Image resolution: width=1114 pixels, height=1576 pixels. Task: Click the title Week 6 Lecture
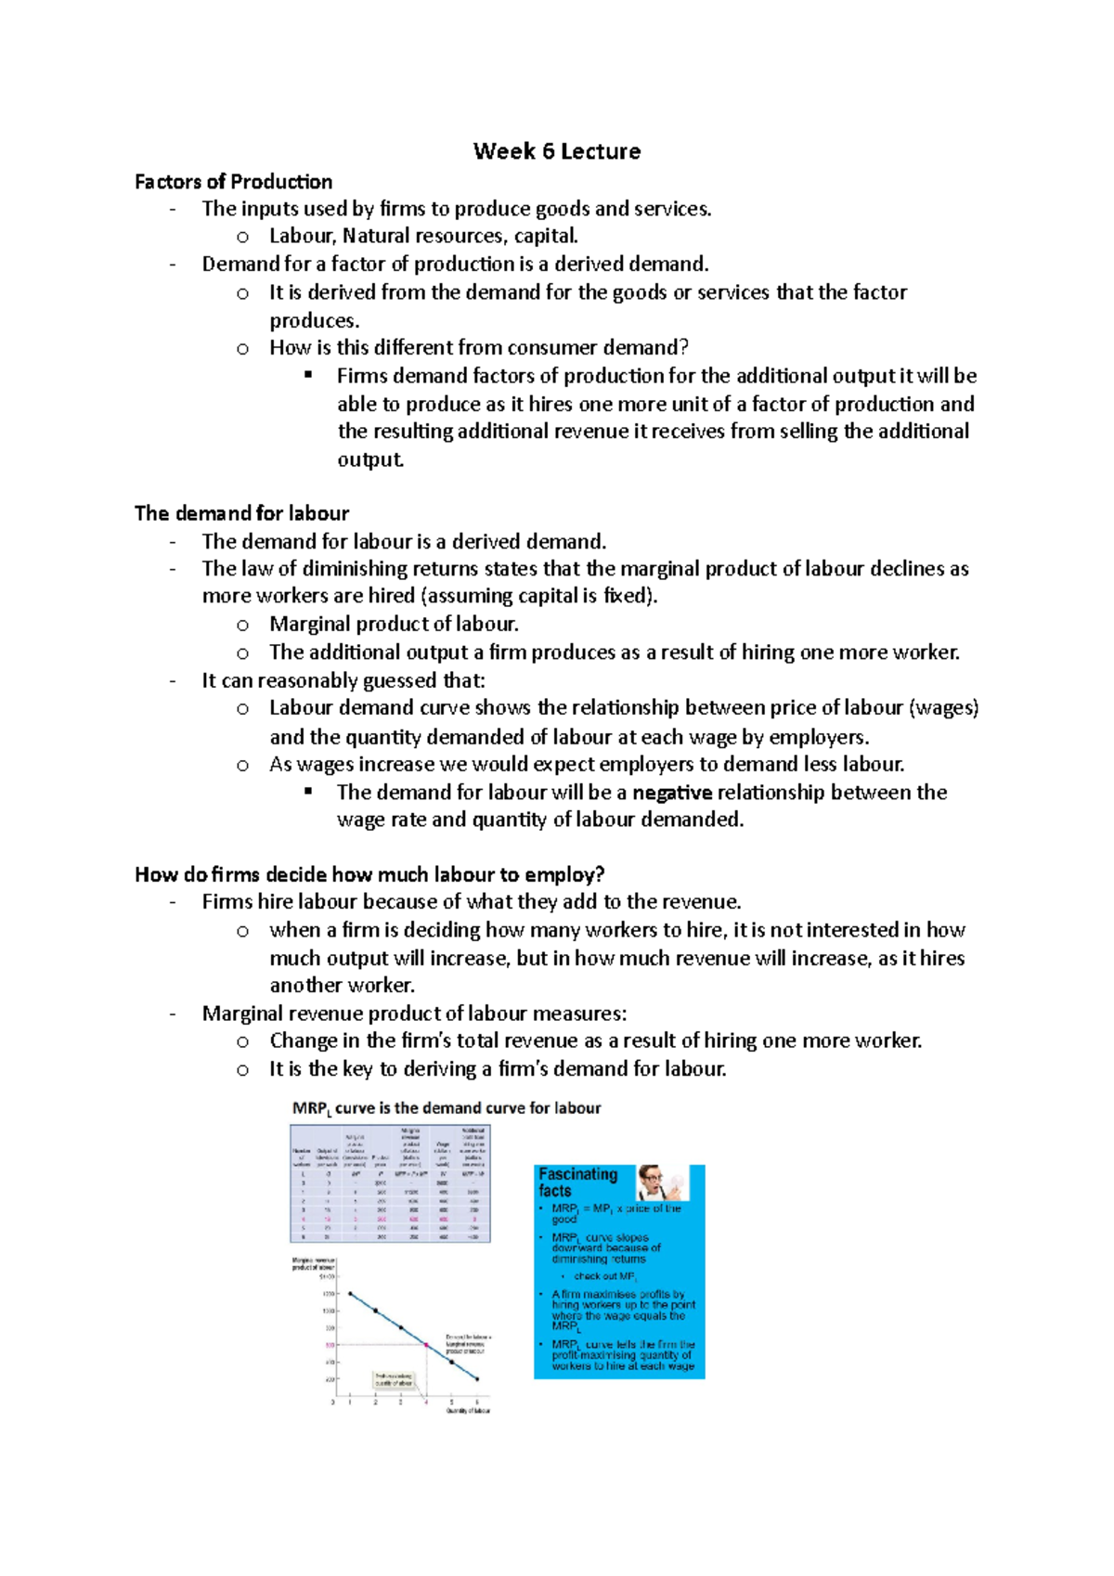(x=556, y=151)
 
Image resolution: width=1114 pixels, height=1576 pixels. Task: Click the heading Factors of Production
(x=233, y=182)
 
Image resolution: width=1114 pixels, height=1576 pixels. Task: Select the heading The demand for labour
(x=241, y=513)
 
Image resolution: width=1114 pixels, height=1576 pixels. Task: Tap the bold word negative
(x=671, y=793)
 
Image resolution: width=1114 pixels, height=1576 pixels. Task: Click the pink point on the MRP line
(x=426, y=1345)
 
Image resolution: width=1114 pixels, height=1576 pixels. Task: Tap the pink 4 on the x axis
(x=426, y=1402)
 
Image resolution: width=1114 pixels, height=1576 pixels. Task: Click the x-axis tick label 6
(x=477, y=1402)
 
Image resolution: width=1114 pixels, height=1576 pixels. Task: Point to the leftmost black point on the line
(x=350, y=1293)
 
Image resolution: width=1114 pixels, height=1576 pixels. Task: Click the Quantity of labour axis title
(x=468, y=1412)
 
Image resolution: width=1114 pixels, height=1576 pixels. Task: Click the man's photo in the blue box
(x=662, y=1182)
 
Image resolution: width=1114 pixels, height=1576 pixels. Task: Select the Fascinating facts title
(x=577, y=1182)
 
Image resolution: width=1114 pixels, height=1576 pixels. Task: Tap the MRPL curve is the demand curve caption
(x=447, y=1108)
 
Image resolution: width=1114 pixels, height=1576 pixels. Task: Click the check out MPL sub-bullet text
(x=605, y=1277)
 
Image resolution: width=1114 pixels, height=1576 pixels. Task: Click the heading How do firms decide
(x=369, y=875)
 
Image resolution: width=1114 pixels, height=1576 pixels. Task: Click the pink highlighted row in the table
(x=390, y=1219)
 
